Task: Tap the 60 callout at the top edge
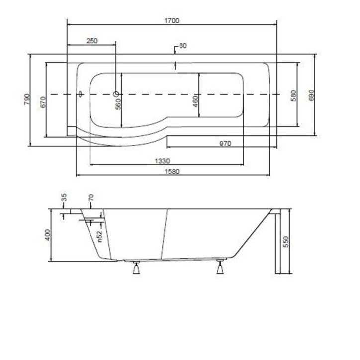[182, 47]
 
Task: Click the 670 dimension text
[44, 101]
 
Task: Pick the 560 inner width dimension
[119, 104]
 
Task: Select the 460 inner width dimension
[195, 101]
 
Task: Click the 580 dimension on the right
[294, 96]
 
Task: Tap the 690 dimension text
[312, 95]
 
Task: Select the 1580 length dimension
[172, 172]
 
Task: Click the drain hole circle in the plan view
[116, 94]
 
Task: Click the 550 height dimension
[285, 242]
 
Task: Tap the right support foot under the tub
[221, 270]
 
